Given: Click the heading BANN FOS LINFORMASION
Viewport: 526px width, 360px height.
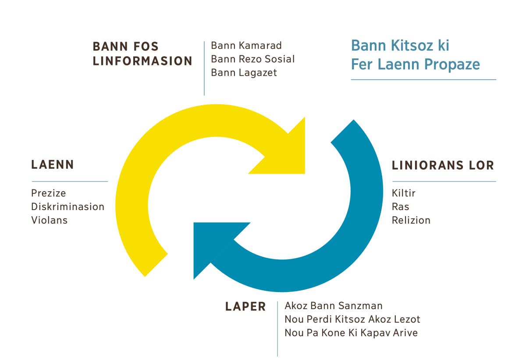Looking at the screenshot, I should (x=142, y=53).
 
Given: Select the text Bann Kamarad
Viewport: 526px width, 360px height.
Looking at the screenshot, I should (x=246, y=46).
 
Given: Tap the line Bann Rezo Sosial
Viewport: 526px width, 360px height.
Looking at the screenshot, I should (x=252, y=59).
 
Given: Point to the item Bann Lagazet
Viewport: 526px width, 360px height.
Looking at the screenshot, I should (x=244, y=72).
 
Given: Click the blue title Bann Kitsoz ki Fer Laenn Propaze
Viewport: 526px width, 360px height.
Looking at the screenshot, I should (x=415, y=55).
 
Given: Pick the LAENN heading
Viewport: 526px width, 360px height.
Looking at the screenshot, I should (x=53, y=165).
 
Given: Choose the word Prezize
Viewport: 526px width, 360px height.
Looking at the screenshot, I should (x=49, y=193).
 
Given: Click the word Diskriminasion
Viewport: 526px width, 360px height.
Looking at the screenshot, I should (x=68, y=206).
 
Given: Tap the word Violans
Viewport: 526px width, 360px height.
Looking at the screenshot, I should (x=50, y=220).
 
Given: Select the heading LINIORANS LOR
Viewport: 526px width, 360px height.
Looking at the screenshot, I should (x=443, y=165).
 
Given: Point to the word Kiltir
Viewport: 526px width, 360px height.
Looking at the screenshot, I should (x=403, y=193).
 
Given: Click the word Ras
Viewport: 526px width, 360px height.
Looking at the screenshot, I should (x=400, y=206).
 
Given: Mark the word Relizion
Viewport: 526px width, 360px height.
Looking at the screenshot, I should (x=411, y=220).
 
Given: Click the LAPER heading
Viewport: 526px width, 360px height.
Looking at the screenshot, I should (x=245, y=307).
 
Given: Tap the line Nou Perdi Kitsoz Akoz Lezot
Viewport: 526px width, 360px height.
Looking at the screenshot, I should (x=352, y=319).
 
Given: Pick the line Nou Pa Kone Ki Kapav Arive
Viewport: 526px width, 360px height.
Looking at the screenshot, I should (x=351, y=333).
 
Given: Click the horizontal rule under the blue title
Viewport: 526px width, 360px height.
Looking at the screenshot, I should (x=423, y=80).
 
